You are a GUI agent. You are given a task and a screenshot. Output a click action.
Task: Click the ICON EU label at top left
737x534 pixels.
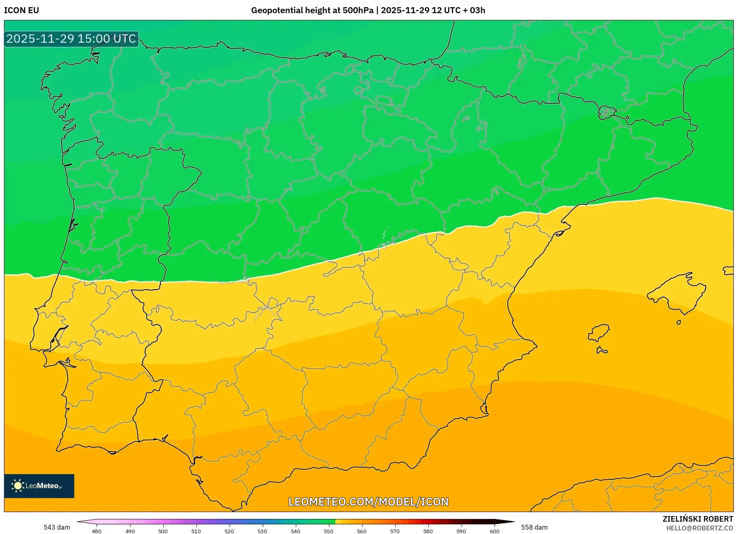tap(22, 10)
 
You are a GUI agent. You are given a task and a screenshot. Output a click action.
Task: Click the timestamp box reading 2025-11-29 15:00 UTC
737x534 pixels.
tap(71, 39)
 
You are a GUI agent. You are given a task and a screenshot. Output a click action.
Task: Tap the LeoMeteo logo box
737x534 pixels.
tap(39, 486)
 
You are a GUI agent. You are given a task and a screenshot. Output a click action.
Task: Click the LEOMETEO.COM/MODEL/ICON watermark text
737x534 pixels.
tap(368, 502)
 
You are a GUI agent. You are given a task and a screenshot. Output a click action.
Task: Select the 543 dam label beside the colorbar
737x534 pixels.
tap(57, 527)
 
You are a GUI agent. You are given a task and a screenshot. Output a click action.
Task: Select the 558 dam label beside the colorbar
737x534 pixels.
tap(534, 527)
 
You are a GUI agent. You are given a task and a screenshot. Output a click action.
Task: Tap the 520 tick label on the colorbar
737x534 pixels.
tap(229, 531)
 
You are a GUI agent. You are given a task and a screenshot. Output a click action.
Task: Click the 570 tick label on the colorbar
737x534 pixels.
tap(395, 531)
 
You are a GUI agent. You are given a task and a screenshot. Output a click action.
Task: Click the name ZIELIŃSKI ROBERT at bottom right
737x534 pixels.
tap(697, 519)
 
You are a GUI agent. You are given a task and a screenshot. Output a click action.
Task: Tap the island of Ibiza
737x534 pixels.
tap(599, 332)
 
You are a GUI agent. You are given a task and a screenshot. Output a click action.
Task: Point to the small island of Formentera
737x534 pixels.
tap(601, 351)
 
